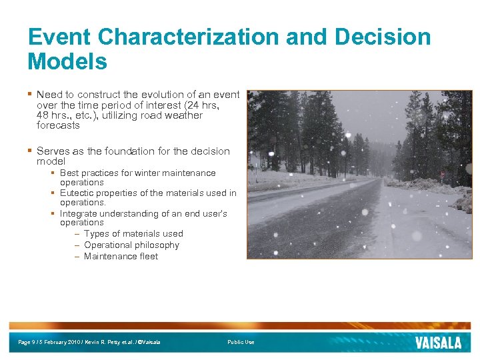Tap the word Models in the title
(67, 61)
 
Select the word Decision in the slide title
(383, 37)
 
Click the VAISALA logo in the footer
(438, 343)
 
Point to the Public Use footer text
(241, 343)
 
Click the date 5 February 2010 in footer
(61, 343)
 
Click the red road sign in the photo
(442, 174)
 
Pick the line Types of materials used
(133, 234)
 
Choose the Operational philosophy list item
(131, 245)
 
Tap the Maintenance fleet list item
(121, 257)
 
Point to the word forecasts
(58, 125)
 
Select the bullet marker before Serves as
(30, 151)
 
